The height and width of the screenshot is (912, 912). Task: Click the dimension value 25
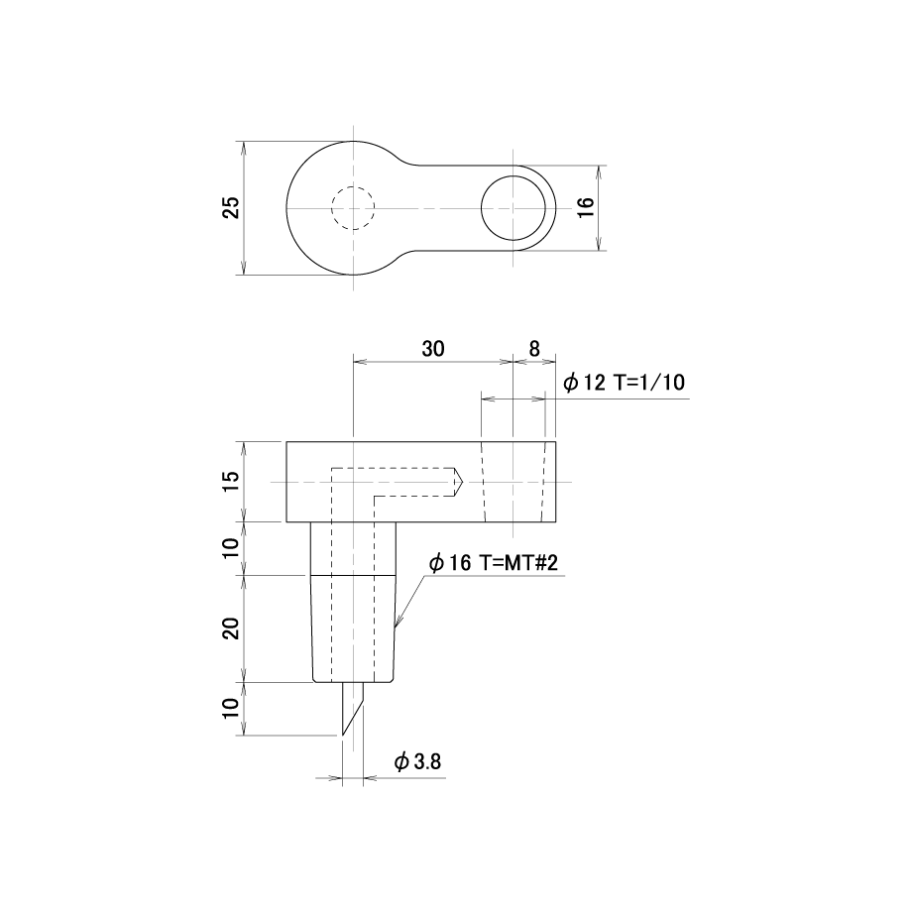pyautogui.click(x=232, y=207)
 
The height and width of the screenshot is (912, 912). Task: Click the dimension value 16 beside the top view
pyautogui.click(x=586, y=207)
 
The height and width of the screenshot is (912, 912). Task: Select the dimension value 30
pyautogui.click(x=433, y=349)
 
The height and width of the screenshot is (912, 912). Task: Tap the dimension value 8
pyautogui.click(x=534, y=349)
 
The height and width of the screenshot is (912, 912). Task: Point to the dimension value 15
pyautogui.click(x=232, y=481)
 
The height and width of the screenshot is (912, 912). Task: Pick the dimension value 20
pyautogui.click(x=232, y=628)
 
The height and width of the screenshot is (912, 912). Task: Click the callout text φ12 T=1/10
pyautogui.click(x=625, y=383)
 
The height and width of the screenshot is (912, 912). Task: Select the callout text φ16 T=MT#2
pyautogui.click(x=494, y=562)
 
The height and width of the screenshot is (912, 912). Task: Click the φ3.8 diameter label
pyautogui.click(x=417, y=761)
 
